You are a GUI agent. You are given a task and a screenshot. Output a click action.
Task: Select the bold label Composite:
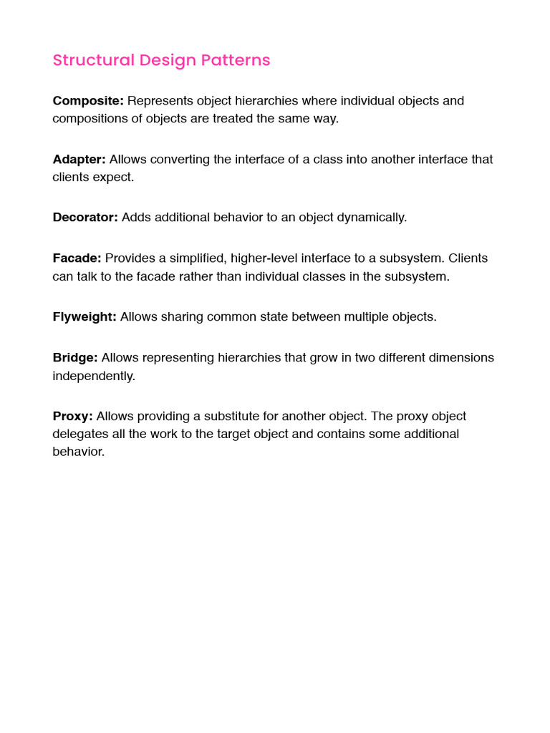88,101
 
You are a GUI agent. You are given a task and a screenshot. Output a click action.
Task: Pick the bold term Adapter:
79,159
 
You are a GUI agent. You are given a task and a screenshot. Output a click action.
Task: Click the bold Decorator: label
85,217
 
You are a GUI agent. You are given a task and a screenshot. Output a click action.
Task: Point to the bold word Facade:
77,258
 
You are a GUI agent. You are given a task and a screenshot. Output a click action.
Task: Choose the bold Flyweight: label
85,316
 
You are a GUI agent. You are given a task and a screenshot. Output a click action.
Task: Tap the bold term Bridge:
75,357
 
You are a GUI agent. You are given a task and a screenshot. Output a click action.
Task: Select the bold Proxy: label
72,416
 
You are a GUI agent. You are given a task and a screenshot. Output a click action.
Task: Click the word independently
94,376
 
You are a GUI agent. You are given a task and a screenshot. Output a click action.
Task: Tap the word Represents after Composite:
160,101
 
